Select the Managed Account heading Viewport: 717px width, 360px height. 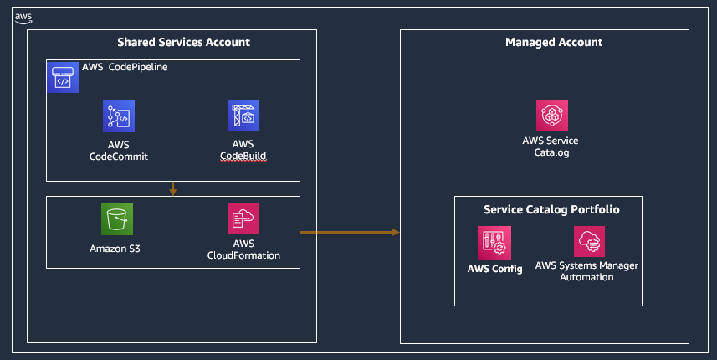click(554, 42)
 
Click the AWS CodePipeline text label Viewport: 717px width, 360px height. click(125, 67)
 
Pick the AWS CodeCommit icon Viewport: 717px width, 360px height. click(119, 116)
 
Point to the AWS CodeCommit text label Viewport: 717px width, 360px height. click(119, 151)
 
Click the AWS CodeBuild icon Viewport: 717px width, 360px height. click(243, 116)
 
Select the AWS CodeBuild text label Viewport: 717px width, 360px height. click(243, 151)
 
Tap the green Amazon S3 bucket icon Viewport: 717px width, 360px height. click(117, 219)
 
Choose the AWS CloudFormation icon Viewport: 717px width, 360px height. click(243, 219)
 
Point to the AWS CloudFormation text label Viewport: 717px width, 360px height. click(243, 249)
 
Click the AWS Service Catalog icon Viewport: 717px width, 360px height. click(552, 116)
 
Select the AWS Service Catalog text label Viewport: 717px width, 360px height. click(551, 147)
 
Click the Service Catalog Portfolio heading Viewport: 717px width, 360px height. click(551, 209)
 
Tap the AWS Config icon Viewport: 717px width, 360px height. click(494, 242)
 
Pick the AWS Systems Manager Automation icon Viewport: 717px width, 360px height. click(590, 242)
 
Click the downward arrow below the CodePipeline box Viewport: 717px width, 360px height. click(172, 188)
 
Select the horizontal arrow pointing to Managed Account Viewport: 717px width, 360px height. click(350, 232)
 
